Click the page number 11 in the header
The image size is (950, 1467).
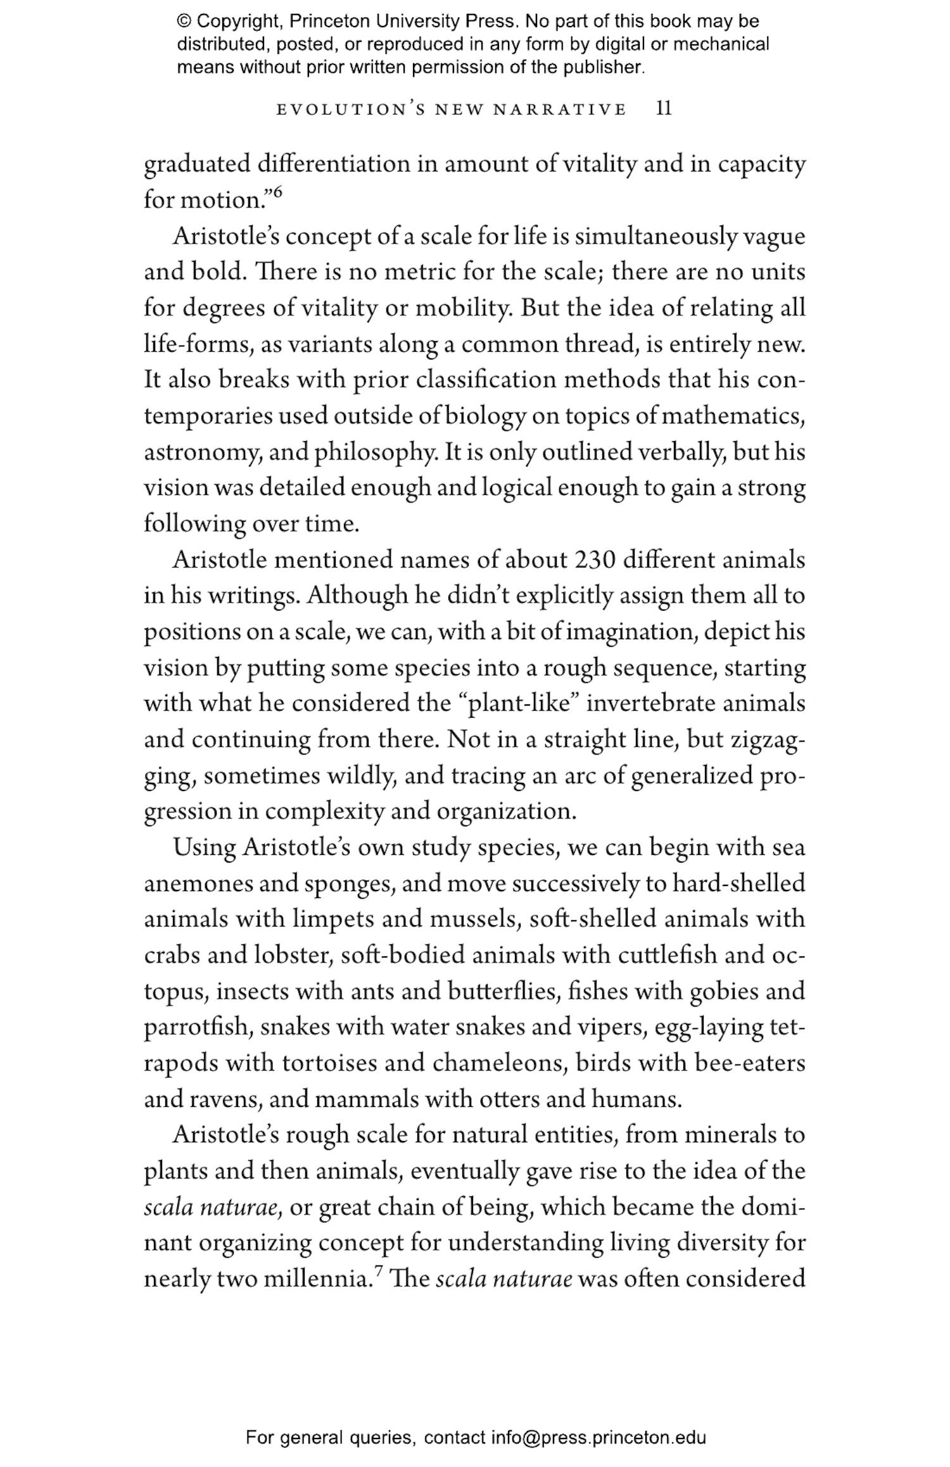pyautogui.click(x=663, y=109)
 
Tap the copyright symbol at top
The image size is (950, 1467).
pyautogui.click(x=184, y=22)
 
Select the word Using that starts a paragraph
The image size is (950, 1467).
pyautogui.click(x=204, y=847)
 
